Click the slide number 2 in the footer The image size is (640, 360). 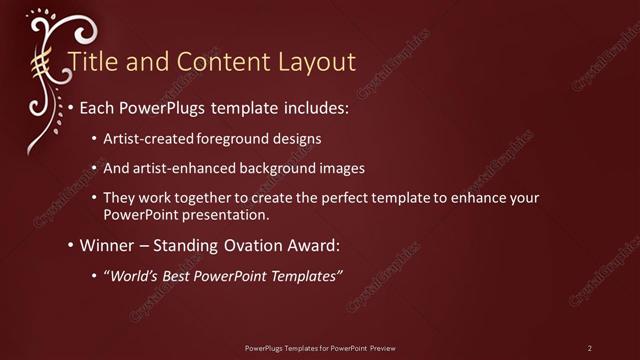point(590,347)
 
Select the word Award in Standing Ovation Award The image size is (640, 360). point(309,244)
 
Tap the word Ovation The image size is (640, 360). point(251,244)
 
